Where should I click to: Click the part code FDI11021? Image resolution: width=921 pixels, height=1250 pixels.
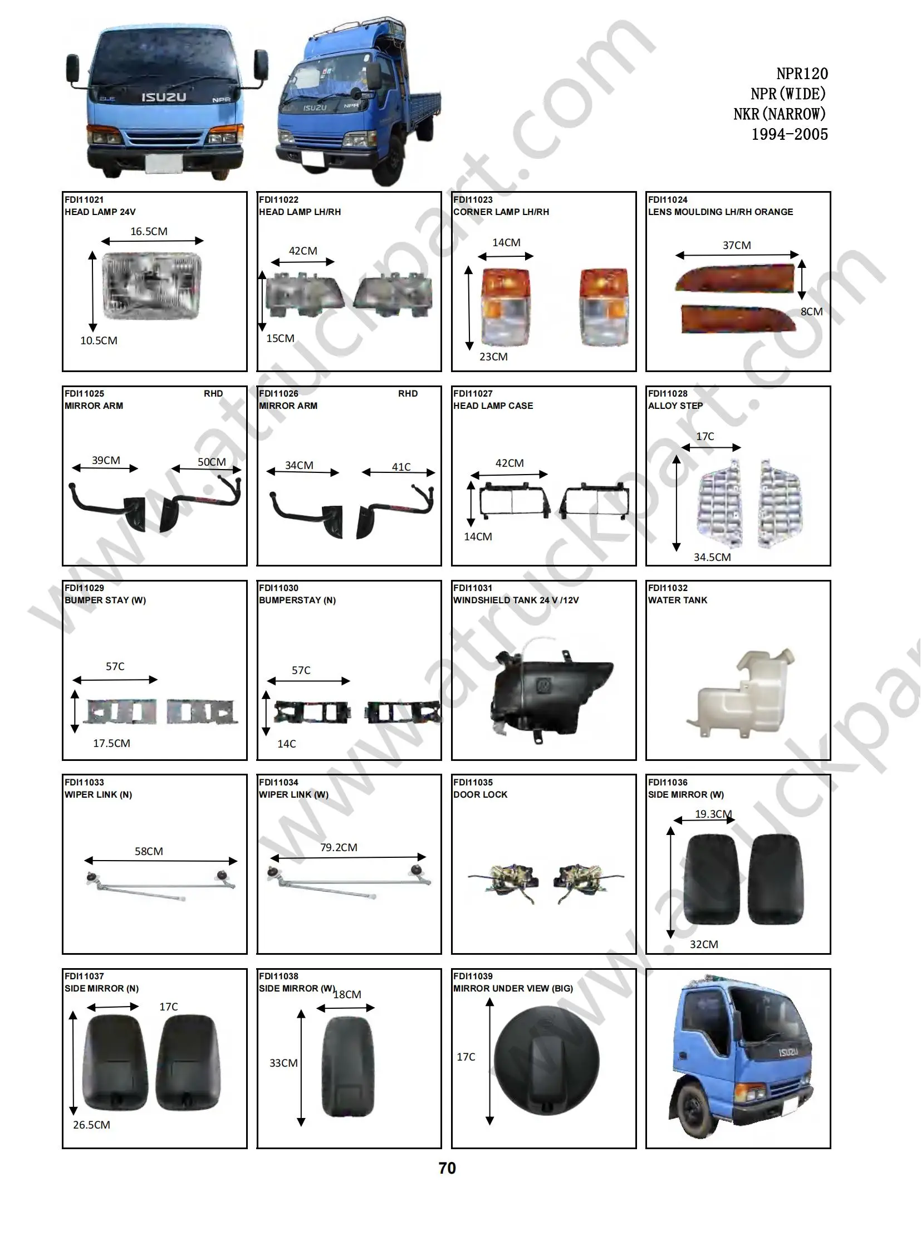pyautogui.click(x=84, y=199)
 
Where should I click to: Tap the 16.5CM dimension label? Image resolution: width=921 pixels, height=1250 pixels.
pyautogui.click(x=149, y=232)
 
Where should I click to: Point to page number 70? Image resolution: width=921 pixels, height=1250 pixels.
pyautogui.click(x=447, y=1168)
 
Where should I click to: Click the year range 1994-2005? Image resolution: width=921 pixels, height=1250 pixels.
pyautogui.click(x=789, y=134)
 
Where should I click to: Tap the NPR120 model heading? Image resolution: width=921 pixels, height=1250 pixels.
pyautogui.click(x=802, y=74)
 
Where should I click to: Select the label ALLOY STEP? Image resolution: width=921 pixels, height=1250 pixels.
pyautogui.click(x=675, y=406)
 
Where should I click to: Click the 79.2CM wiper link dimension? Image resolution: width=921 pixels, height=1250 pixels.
pyautogui.click(x=339, y=847)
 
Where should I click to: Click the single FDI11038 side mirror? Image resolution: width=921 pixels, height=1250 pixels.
pyautogui.click(x=348, y=1067)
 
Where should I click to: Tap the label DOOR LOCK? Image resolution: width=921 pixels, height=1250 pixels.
pyautogui.click(x=480, y=794)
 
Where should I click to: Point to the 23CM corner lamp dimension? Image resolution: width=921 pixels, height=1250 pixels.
pyautogui.click(x=493, y=357)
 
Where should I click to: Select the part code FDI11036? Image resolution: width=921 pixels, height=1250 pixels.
pyautogui.click(x=667, y=782)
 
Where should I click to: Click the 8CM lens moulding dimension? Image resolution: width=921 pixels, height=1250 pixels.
pyautogui.click(x=811, y=311)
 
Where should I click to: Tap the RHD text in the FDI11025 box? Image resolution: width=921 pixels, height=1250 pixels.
pyautogui.click(x=213, y=394)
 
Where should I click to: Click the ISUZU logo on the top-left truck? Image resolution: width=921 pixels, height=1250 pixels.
pyautogui.click(x=163, y=97)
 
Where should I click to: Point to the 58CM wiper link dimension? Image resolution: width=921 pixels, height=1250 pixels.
pyautogui.click(x=149, y=851)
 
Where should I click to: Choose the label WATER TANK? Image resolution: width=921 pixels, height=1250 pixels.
pyautogui.click(x=677, y=600)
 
